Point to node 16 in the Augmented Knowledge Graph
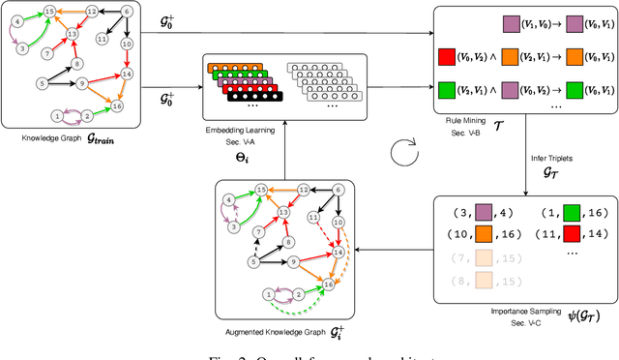[330, 285]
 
